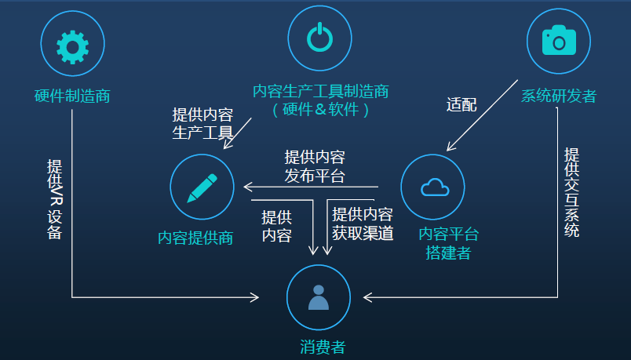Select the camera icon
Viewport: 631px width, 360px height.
click(x=557, y=39)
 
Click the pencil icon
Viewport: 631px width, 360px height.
click(x=202, y=187)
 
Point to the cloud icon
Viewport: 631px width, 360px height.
click(x=434, y=187)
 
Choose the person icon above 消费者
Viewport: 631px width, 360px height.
click(x=318, y=297)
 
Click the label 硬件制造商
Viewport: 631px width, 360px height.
click(x=72, y=96)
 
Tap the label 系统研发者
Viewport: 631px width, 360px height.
click(x=559, y=96)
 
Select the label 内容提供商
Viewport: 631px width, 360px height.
click(x=195, y=238)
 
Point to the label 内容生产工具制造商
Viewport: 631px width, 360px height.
click(x=321, y=91)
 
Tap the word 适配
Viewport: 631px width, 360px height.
click(x=461, y=105)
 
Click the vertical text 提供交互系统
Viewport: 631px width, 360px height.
click(x=572, y=192)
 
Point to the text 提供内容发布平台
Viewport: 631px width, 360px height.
click(x=315, y=166)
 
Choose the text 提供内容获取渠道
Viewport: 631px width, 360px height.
click(x=363, y=224)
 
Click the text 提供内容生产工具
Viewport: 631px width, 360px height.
click(x=202, y=122)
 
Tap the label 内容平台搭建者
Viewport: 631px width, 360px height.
click(x=449, y=243)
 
